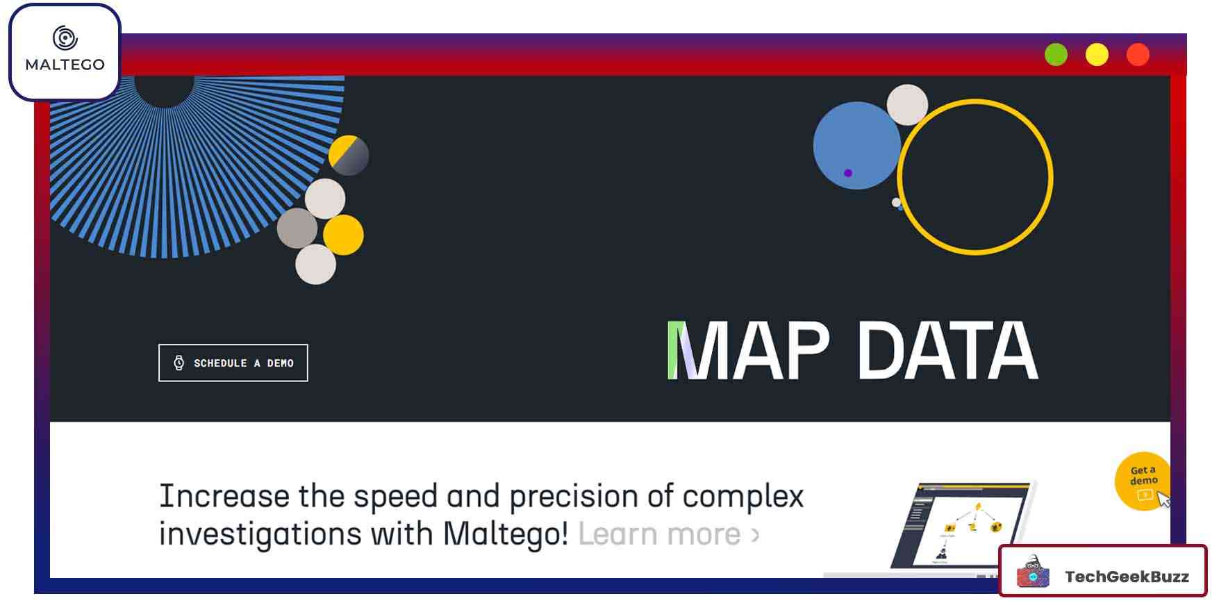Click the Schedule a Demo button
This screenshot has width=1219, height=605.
pyautogui.click(x=233, y=363)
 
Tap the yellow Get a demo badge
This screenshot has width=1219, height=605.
pyautogui.click(x=1143, y=481)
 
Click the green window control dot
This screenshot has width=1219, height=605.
pyautogui.click(x=1056, y=55)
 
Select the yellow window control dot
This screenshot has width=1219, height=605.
pyautogui.click(x=1097, y=55)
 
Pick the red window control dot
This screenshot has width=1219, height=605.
pyautogui.click(x=1138, y=55)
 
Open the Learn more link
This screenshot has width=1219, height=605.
pyautogui.click(x=668, y=534)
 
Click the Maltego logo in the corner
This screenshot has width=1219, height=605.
pyautogui.click(x=65, y=51)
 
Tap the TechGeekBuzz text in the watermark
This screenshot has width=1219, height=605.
pyautogui.click(x=1127, y=577)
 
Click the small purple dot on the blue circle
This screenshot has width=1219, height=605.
pyautogui.click(x=847, y=173)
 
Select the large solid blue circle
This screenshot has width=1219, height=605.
pyautogui.click(x=856, y=145)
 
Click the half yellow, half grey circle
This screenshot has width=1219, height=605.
pyautogui.click(x=348, y=155)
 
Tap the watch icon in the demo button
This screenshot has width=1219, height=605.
pyautogui.click(x=179, y=363)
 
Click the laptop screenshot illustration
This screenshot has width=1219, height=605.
pyautogui.click(x=962, y=526)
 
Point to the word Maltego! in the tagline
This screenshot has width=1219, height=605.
pyautogui.click(x=506, y=534)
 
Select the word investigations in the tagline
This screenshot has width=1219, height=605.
pyautogui.click(x=260, y=535)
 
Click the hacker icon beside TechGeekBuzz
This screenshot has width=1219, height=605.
pyautogui.click(x=1033, y=572)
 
